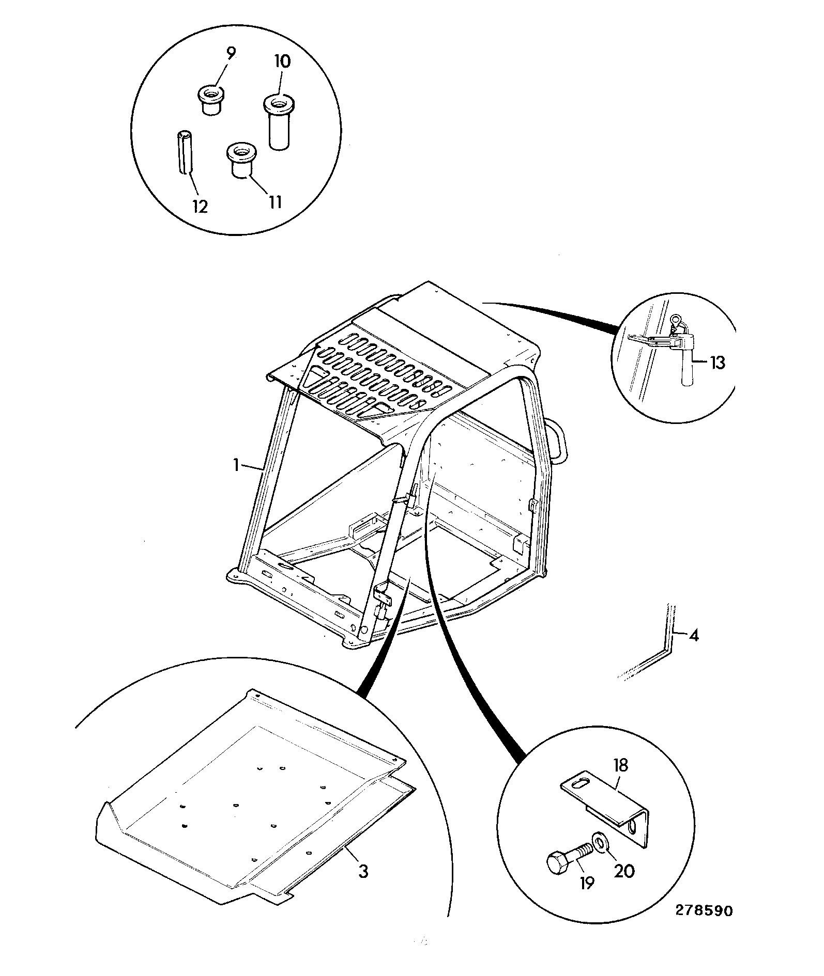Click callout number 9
[x=231, y=52]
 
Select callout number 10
[x=282, y=61]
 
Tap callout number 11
[x=275, y=201]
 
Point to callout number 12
[x=200, y=207]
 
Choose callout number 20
[x=624, y=871]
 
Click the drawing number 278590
[x=704, y=910]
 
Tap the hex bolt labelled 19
[x=569, y=858]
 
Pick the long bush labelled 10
[x=278, y=122]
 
